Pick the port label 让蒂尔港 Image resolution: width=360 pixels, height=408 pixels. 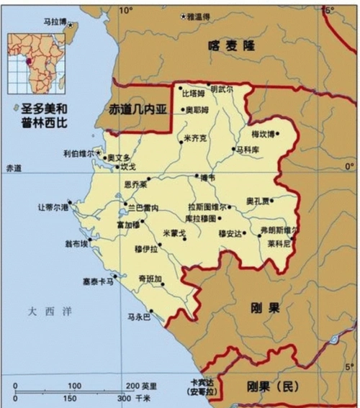click(52, 207)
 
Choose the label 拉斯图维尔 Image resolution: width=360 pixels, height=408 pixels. click(207, 207)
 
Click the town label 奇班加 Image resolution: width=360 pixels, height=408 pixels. click(150, 278)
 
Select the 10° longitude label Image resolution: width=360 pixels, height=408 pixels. click(126, 10)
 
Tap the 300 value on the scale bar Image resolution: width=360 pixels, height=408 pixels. click(123, 398)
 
